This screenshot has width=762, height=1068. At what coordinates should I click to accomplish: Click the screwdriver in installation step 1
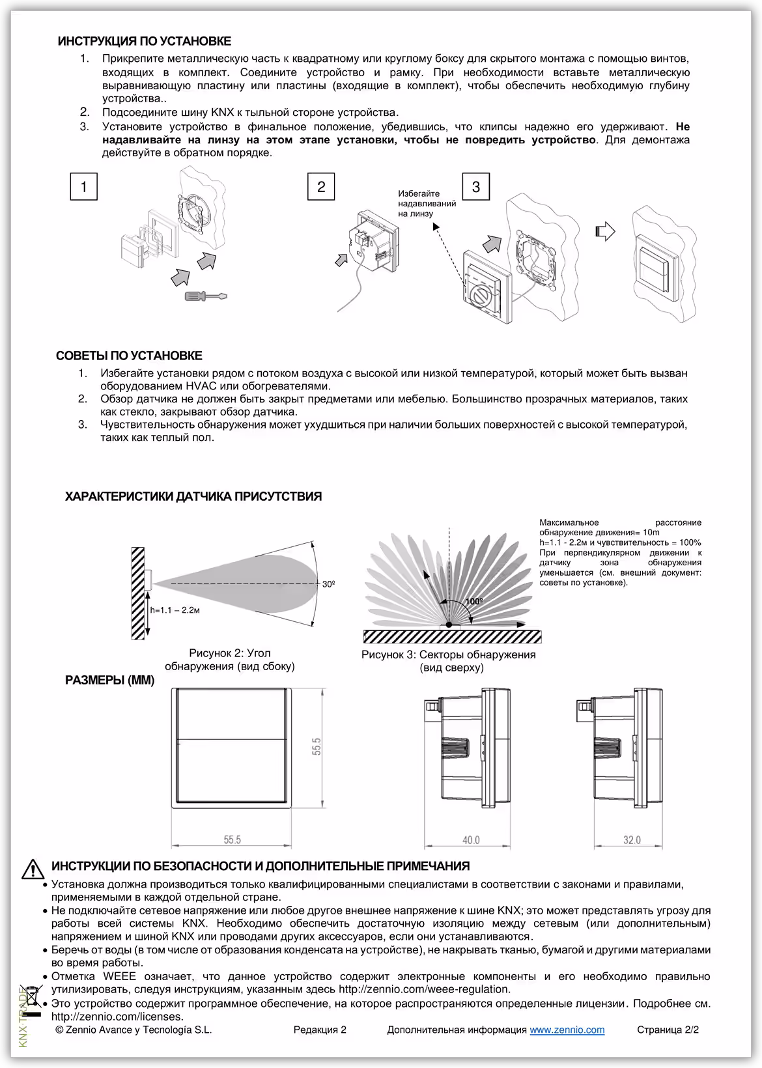pyautogui.click(x=205, y=296)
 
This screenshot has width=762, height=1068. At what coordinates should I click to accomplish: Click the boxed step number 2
pyautogui.click(x=321, y=187)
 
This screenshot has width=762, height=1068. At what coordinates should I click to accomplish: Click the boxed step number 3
pyautogui.click(x=475, y=187)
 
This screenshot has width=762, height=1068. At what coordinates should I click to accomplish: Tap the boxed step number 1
pyautogui.click(x=84, y=187)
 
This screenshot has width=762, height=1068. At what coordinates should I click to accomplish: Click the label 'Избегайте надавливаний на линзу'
pyautogui.click(x=427, y=203)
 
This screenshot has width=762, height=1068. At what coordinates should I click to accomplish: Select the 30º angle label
pyautogui.click(x=328, y=584)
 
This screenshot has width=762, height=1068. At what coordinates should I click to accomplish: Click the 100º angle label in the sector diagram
pyautogui.click(x=474, y=601)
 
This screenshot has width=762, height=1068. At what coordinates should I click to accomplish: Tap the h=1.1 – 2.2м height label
pyautogui.click(x=175, y=610)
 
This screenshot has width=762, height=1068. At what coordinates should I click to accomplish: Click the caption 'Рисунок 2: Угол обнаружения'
pyautogui.click(x=229, y=659)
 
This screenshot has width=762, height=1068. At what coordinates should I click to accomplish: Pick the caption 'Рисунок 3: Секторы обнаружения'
pyautogui.click(x=448, y=661)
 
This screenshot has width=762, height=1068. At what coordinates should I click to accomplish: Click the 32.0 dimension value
pyautogui.click(x=632, y=840)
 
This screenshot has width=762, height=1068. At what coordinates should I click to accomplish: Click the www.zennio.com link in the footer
pyautogui.click(x=567, y=1030)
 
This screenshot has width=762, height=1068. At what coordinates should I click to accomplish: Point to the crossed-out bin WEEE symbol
pyautogui.click(x=32, y=997)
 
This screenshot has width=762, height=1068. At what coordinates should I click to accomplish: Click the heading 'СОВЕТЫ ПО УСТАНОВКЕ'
pyautogui.click(x=129, y=356)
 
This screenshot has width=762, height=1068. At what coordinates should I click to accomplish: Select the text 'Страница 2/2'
pyautogui.click(x=668, y=1030)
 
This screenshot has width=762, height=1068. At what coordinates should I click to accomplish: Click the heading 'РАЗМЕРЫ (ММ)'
pyautogui.click(x=109, y=681)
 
